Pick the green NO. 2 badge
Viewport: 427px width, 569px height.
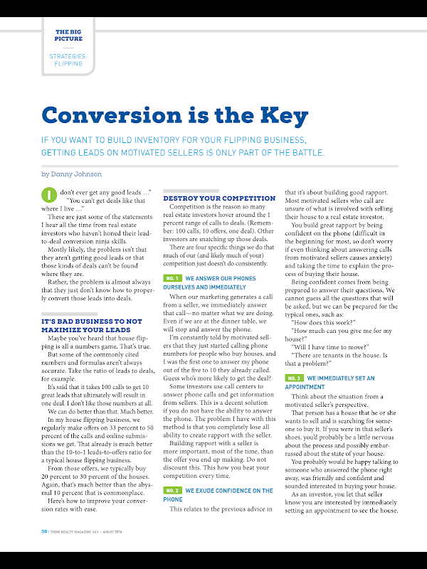[x=172, y=470]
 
